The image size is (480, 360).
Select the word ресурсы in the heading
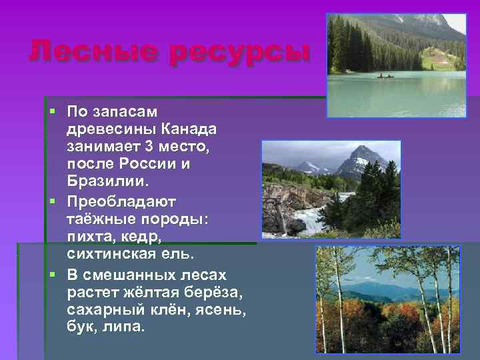[x=241, y=51]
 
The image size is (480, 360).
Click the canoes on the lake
[x=385, y=76]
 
